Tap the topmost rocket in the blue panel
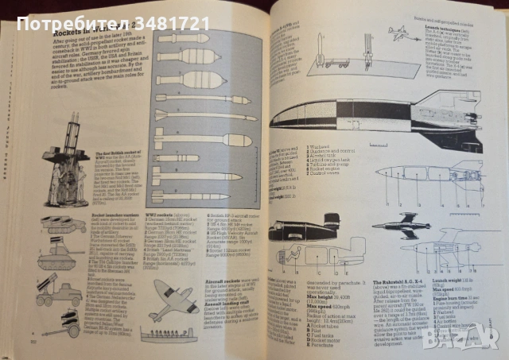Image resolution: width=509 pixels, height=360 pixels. point(182,38)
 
